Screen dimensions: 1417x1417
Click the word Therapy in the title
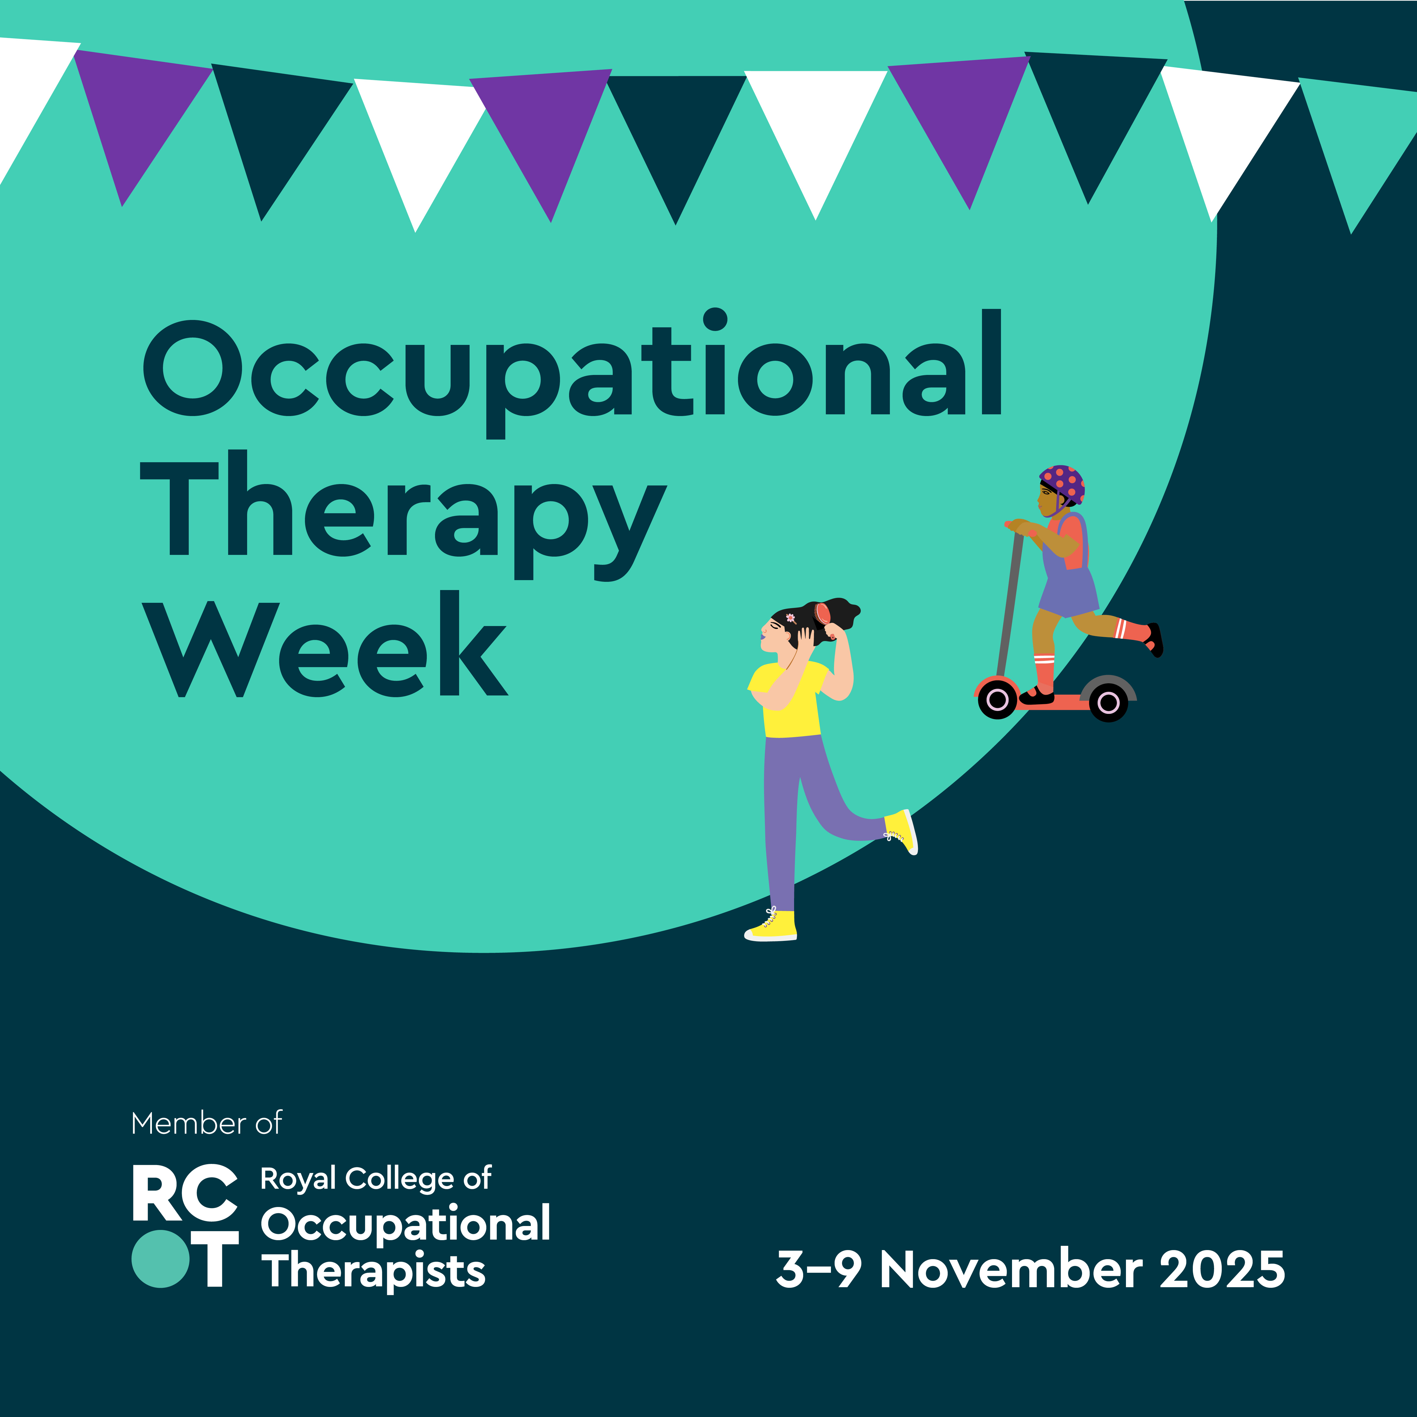click(403, 515)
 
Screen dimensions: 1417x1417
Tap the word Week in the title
click(325, 644)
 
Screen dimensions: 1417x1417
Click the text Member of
click(206, 1124)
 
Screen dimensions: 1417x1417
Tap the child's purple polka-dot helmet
click(1063, 484)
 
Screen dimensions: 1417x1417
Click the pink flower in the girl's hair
click(791, 618)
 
